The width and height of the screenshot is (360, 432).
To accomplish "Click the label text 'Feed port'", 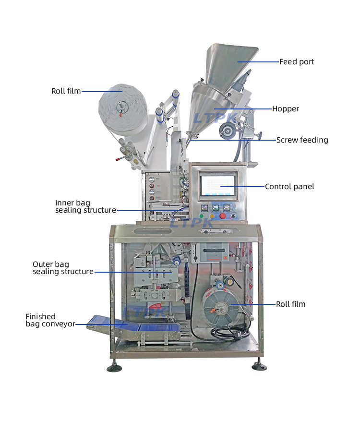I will [297, 62].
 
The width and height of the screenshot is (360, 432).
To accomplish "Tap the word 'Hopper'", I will [286, 109].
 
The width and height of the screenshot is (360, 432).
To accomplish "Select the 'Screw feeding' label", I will [302, 140].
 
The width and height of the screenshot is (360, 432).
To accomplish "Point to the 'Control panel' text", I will [289, 187].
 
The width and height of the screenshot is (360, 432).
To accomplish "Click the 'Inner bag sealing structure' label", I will [85, 207].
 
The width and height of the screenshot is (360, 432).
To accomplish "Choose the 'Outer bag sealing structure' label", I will [63, 268].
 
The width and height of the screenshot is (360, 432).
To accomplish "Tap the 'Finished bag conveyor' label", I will [50, 320].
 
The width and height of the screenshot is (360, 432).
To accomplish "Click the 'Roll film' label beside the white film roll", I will [66, 91].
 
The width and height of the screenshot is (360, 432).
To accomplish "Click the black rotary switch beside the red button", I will [234, 216].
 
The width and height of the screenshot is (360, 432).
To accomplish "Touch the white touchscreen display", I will [218, 185].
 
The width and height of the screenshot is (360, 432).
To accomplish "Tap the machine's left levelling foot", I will [114, 368].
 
